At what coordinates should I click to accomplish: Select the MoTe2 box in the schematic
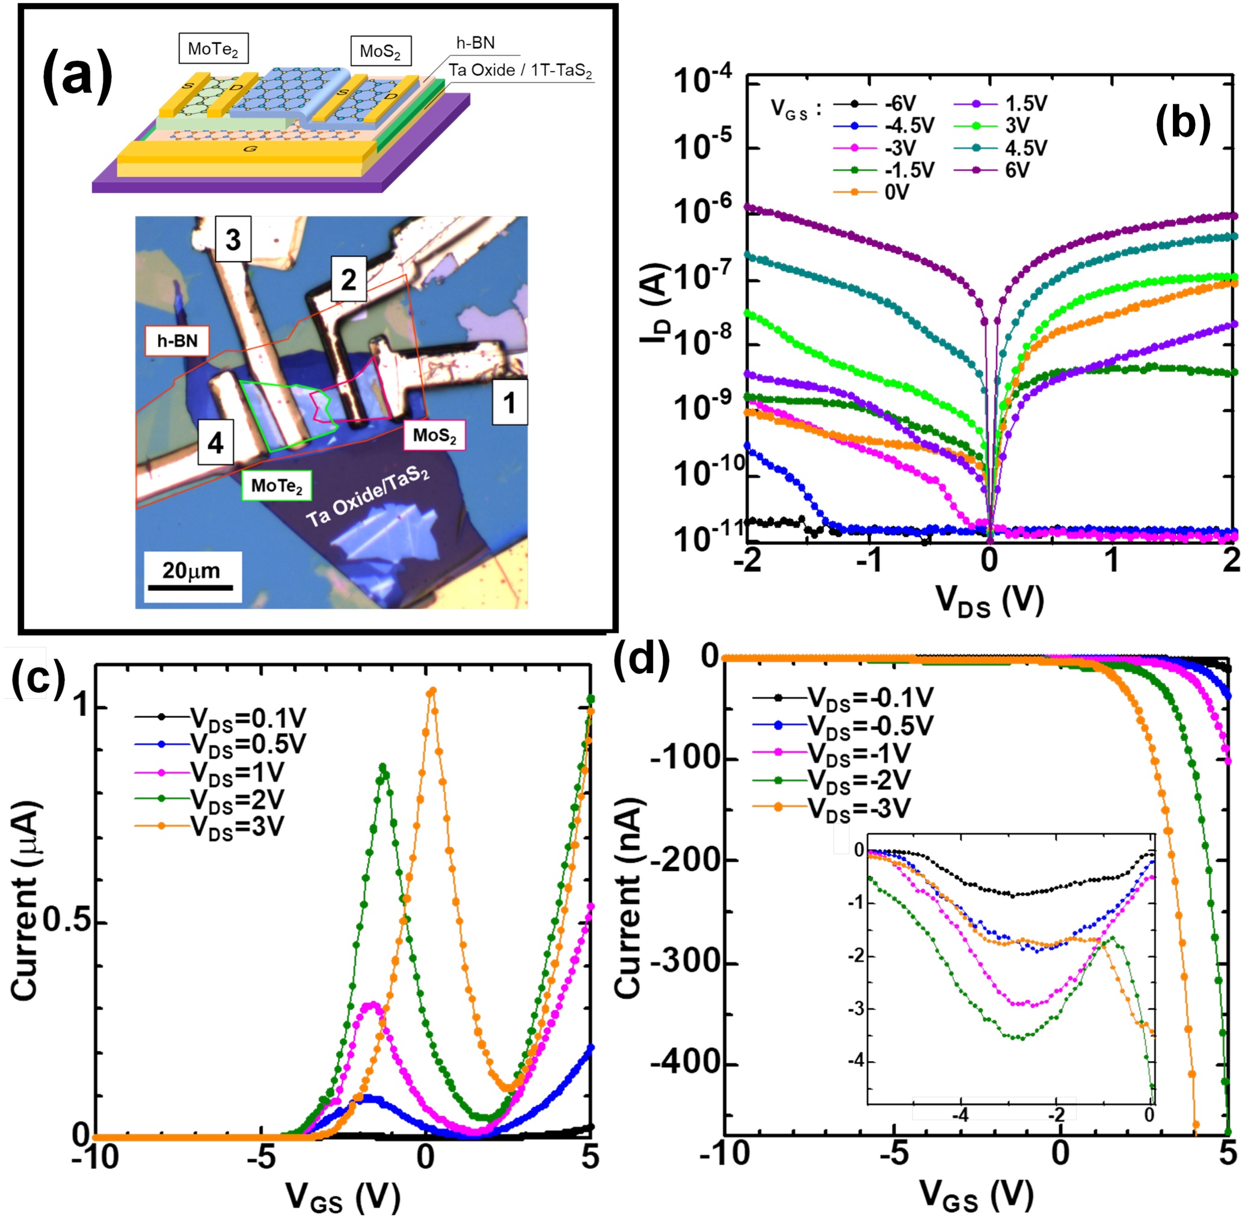pyautogui.click(x=213, y=49)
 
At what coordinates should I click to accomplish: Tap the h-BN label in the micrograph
pyautogui.click(x=177, y=341)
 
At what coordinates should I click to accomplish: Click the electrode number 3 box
pyautogui.click(x=233, y=239)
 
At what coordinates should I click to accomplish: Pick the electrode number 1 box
pyautogui.click(x=509, y=402)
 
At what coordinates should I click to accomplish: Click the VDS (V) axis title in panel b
pyautogui.click(x=989, y=601)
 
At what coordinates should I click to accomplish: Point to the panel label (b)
pyautogui.click(x=1182, y=123)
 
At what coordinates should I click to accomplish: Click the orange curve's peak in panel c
pyautogui.click(x=432, y=691)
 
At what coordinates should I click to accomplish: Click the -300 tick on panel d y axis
pyautogui.click(x=680, y=963)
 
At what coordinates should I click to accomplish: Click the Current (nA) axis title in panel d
pyautogui.click(x=628, y=897)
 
